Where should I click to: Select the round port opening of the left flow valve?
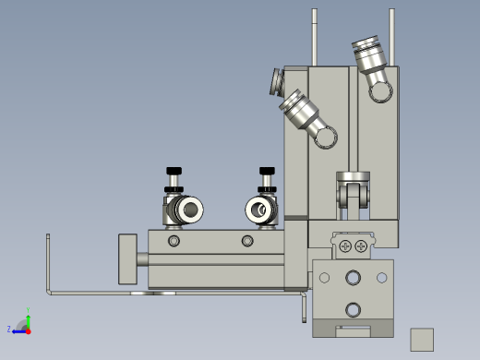coord(190,210)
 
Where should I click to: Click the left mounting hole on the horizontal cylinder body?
coord(174,241)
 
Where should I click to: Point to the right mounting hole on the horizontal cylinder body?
coord(246,241)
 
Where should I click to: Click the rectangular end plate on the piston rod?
coord(127,258)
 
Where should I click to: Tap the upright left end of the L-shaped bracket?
coord(48,263)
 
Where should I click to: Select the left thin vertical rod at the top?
coord(315,37)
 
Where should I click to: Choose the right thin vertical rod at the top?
coord(391,37)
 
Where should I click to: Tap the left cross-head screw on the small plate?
coord(345,246)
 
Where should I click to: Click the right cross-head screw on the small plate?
coord(361,246)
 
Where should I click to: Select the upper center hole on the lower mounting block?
coord(353,278)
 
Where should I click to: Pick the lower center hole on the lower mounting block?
coord(353,309)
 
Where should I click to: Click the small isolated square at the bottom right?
coord(422,339)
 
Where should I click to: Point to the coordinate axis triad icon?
coord(23,325)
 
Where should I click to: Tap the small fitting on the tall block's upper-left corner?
coord(276,82)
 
